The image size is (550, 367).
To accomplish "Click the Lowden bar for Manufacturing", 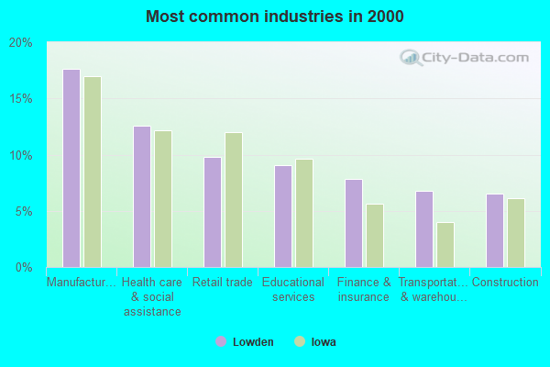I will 71,168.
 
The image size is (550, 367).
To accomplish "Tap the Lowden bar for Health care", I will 141,196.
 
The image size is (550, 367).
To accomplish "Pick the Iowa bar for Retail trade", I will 234,200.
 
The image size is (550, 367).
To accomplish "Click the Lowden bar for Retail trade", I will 212,212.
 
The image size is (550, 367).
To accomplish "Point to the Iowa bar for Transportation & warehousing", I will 445,244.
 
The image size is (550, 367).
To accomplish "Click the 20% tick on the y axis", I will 20,42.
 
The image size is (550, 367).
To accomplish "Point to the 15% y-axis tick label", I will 20,98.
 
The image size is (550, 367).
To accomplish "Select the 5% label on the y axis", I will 23,211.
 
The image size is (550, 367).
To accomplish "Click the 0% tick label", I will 23,267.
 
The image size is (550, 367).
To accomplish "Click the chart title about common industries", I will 274,17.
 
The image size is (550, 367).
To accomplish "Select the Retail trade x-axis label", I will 223,283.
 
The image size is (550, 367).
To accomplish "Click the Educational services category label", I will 293,289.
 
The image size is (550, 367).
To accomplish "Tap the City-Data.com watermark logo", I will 459,57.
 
